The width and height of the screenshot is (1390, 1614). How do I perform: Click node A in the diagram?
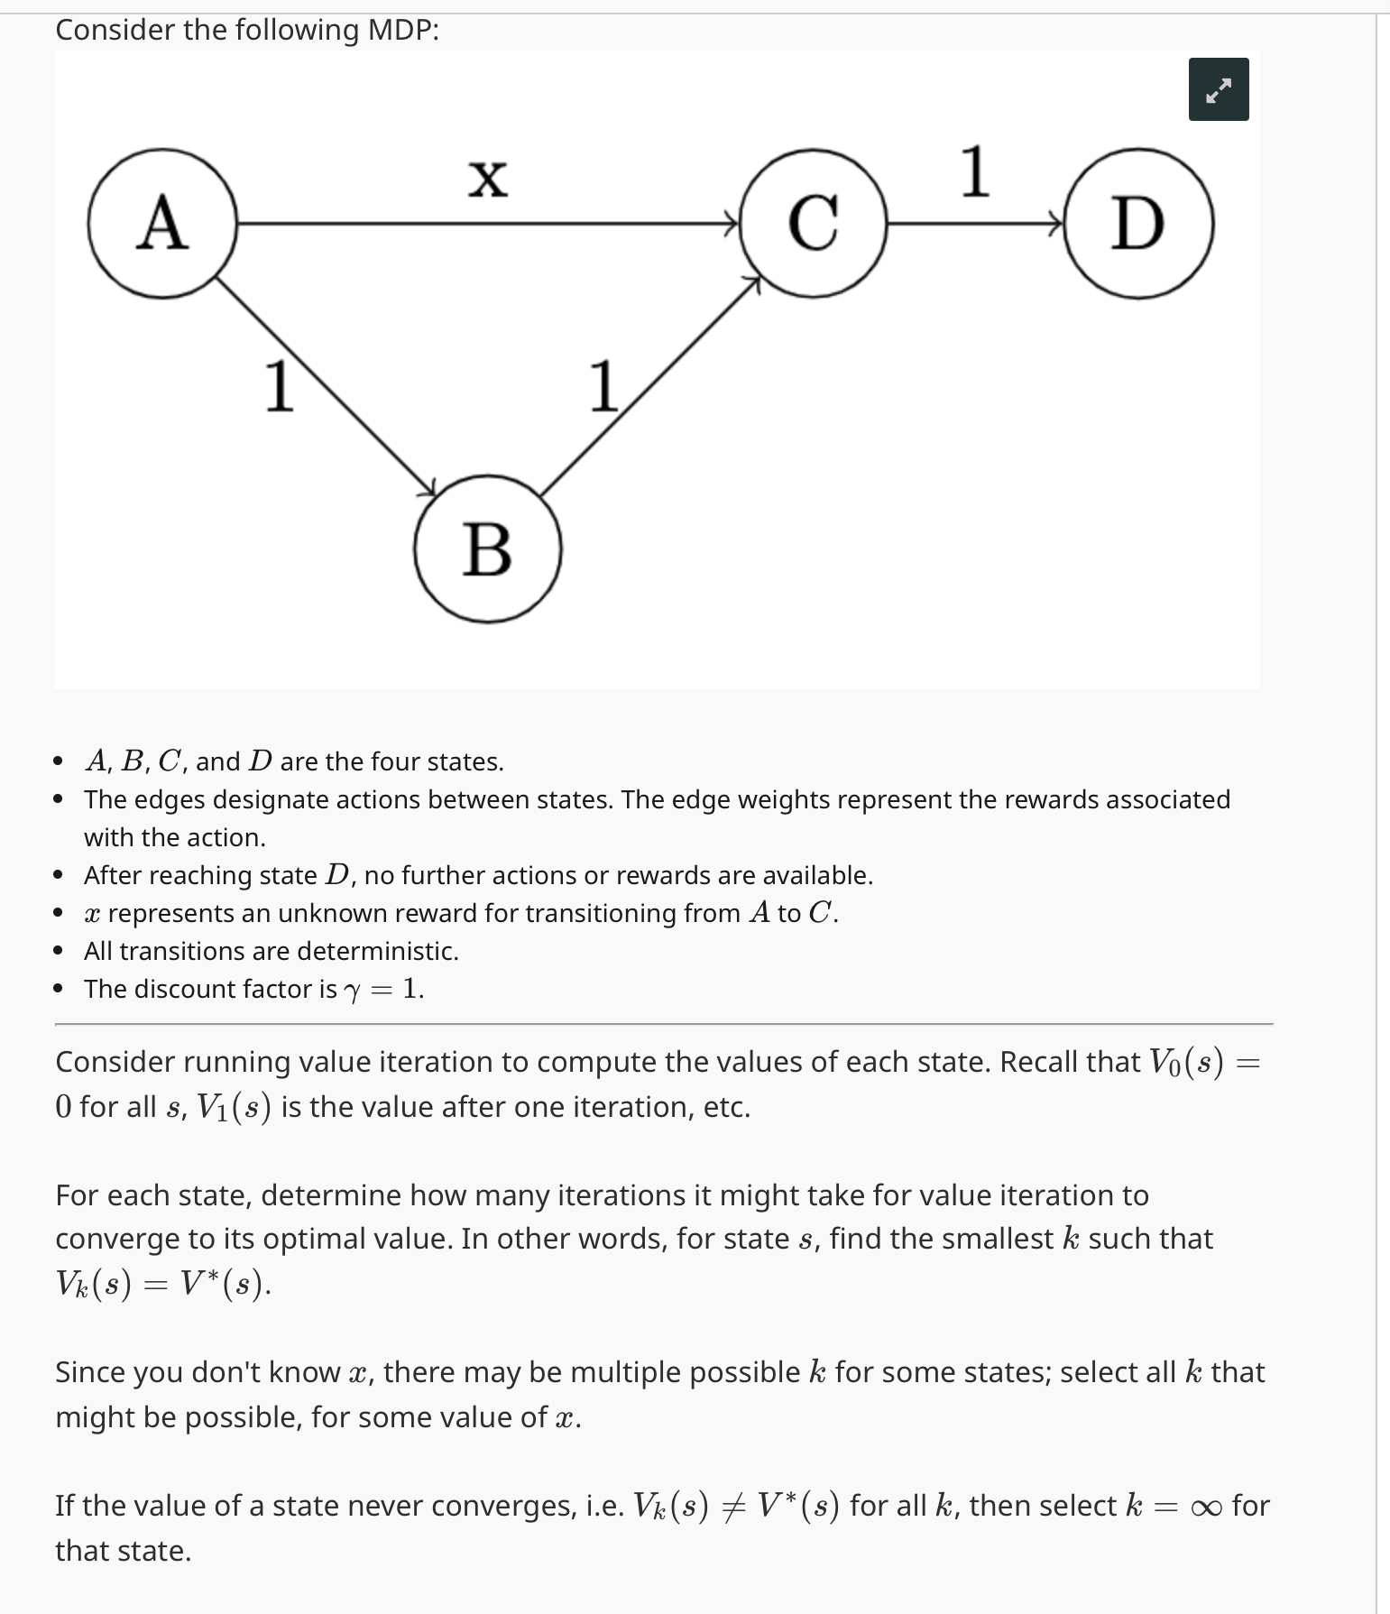click(x=162, y=223)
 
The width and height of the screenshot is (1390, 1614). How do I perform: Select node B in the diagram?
click(x=488, y=549)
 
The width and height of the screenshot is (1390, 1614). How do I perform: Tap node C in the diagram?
click(x=813, y=223)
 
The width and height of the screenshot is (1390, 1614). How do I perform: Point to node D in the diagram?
click(x=1138, y=224)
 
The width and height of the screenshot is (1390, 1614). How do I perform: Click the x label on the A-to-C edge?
click(x=488, y=177)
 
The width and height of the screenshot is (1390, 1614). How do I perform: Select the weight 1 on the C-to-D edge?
click(x=975, y=171)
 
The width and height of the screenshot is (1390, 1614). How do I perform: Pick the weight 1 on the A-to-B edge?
click(x=279, y=386)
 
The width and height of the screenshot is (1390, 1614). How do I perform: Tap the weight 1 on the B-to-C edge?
click(x=603, y=386)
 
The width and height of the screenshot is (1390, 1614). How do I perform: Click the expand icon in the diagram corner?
click(x=1218, y=89)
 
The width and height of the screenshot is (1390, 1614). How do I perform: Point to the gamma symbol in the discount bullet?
click(x=353, y=991)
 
